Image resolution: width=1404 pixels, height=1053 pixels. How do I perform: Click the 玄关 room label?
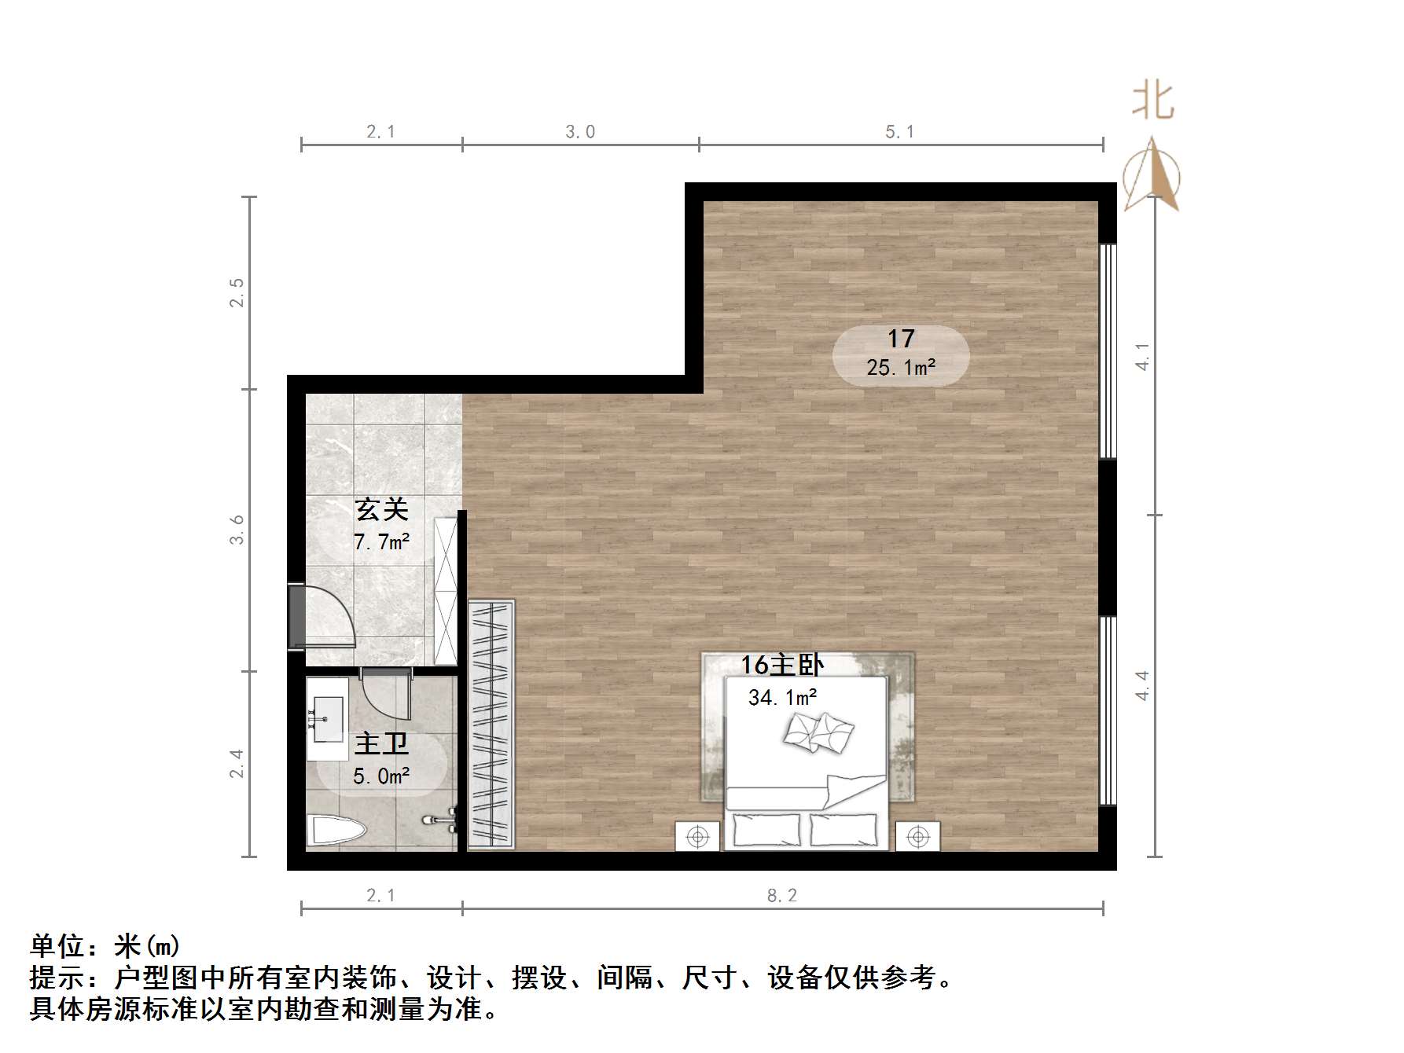382,510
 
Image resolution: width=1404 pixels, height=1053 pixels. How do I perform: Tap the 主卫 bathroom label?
381,743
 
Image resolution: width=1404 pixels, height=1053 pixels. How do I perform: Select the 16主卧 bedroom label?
781,666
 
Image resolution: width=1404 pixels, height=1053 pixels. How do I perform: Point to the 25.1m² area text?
901,368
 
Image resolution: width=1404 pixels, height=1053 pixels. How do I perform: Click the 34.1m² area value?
782,697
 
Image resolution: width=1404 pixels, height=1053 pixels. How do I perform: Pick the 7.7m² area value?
382,542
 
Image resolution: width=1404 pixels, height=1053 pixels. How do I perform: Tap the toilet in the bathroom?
336,832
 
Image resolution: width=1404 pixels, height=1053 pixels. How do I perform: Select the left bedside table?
697,837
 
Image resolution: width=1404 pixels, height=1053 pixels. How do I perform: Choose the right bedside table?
917,837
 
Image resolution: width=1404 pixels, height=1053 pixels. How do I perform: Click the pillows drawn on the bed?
818,733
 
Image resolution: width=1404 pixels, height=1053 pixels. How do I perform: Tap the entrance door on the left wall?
297,617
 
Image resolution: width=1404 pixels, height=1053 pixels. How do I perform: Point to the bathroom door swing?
388,695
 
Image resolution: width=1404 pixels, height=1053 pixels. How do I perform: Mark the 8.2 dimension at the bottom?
781,895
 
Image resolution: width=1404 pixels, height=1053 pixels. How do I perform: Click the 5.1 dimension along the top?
900,132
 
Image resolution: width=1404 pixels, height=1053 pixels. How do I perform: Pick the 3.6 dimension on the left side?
237,530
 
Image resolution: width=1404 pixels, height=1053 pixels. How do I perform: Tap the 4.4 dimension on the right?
1142,685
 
